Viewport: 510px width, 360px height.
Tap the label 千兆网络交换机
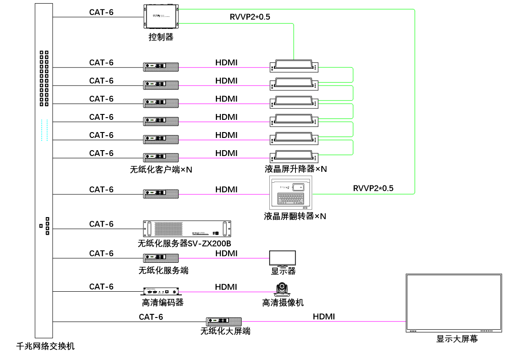[45, 346]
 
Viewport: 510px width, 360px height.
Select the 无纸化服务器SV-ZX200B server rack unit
[187, 229]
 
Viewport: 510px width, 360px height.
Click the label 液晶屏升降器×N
[296, 169]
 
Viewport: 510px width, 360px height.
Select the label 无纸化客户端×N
[161, 170]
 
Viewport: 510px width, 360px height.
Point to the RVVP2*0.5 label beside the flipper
[373, 188]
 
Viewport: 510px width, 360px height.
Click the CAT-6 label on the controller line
[101, 12]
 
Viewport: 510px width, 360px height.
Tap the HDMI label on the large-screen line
[324, 317]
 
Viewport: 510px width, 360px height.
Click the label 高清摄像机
[283, 303]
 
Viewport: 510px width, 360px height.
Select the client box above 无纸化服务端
[161, 258]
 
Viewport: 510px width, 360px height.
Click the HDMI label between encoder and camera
[226, 287]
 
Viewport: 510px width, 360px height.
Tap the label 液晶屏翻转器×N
[295, 216]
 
